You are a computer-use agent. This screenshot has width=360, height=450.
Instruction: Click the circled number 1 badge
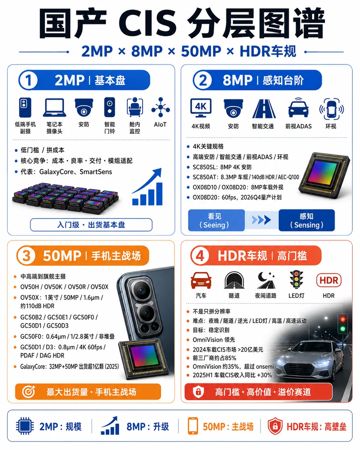click(x=28, y=80)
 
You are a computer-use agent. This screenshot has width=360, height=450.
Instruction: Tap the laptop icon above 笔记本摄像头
click(x=54, y=108)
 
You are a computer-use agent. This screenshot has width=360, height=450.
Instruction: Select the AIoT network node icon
click(x=160, y=107)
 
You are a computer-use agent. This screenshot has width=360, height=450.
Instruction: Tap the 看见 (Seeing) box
click(x=216, y=220)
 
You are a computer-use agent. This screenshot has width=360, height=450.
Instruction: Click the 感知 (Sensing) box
click(x=307, y=220)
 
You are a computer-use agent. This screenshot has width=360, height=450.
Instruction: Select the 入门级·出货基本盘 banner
click(x=91, y=225)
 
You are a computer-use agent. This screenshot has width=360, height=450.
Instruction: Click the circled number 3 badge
click(x=26, y=256)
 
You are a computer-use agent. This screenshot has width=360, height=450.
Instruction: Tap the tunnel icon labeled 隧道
click(x=234, y=280)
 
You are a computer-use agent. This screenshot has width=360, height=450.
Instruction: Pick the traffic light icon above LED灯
click(x=296, y=279)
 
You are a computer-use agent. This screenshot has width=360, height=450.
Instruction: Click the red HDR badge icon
click(x=329, y=280)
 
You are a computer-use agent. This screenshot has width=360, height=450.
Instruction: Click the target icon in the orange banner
click(x=29, y=392)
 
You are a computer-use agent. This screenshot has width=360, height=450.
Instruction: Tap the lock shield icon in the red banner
click(x=198, y=391)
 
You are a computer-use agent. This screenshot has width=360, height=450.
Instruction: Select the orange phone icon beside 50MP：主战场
click(x=193, y=426)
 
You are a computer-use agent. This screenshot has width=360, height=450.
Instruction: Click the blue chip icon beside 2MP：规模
click(x=25, y=426)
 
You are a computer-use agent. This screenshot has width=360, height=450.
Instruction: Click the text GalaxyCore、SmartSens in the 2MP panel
click(x=76, y=172)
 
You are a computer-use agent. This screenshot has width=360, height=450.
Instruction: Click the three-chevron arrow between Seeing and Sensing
click(x=262, y=220)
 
